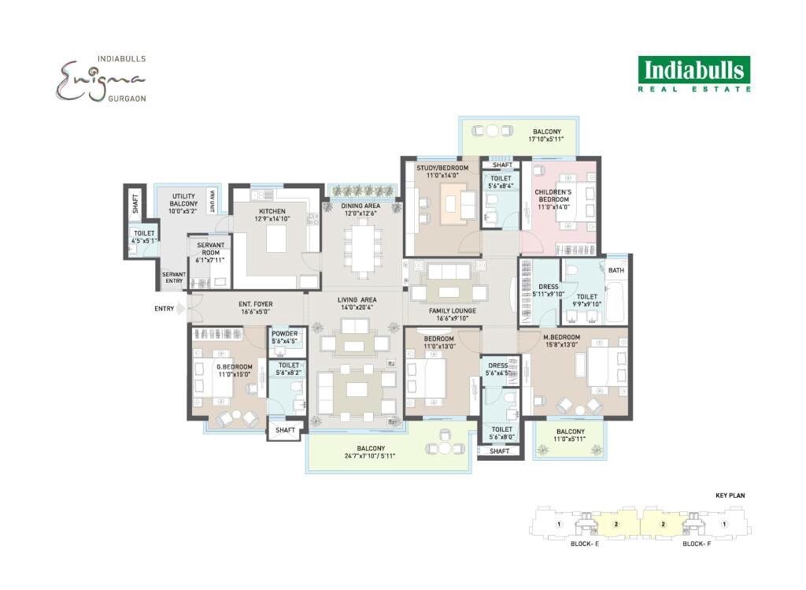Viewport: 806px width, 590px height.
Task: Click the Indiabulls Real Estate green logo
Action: coord(693,74)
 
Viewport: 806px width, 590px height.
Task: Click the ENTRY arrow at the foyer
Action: coord(179,308)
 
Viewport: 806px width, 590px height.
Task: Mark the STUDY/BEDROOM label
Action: coord(442,168)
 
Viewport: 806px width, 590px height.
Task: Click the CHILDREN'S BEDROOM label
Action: coord(558,192)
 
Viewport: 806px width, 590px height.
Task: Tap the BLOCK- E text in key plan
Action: coord(586,544)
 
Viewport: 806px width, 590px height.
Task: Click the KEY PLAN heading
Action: coord(730,495)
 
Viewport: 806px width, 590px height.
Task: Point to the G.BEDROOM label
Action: coord(235,366)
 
